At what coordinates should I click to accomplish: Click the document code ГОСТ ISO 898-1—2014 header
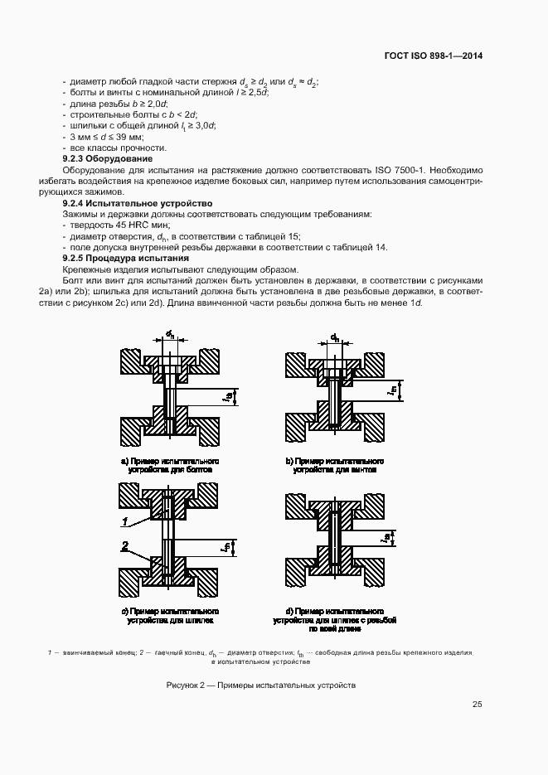433,56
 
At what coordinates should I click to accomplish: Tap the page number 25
477,705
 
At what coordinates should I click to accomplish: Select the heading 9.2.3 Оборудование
108,157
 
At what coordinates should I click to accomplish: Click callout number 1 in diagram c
124,521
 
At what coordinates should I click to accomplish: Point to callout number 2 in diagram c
124,546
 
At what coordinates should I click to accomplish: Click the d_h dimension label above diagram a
169,334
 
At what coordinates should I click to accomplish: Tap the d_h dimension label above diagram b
335,337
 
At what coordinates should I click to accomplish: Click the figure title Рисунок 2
260,685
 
